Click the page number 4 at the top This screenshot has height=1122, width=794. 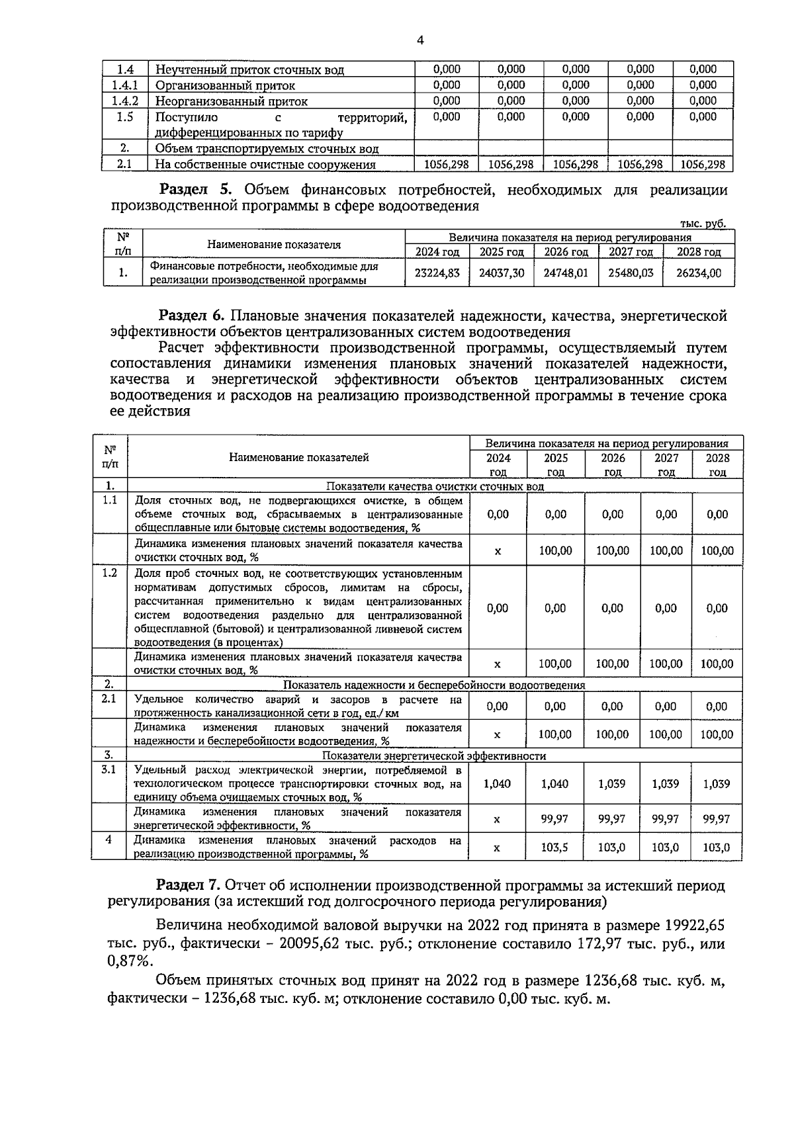point(420,41)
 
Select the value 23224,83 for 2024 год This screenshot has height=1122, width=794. point(437,273)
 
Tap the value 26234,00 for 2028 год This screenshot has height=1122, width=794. point(699,273)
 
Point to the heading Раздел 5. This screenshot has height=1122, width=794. point(197,191)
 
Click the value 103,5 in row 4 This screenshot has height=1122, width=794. point(555,847)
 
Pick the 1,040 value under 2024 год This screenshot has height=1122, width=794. point(497,784)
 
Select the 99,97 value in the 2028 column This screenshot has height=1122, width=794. point(716,819)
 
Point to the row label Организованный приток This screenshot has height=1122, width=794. point(225,85)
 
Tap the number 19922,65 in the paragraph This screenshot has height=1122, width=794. point(687,925)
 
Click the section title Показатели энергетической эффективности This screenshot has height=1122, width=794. point(433,756)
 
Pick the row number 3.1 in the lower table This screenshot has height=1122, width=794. point(109,770)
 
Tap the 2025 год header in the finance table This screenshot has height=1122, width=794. point(501,252)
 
